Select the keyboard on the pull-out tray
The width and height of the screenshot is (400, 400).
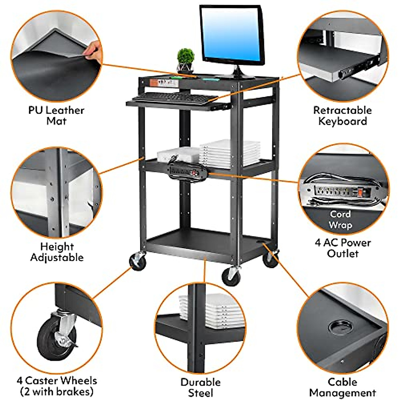[x=174, y=97]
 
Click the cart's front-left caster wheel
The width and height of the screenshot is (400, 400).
[x=138, y=261]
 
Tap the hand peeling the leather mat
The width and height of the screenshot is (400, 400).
[x=92, y=50]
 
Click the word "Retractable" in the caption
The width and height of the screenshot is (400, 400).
[x=342, y=110]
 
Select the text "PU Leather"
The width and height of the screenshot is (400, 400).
[x=56, y=110]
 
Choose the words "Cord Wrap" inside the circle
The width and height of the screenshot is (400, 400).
[x=340, y=220]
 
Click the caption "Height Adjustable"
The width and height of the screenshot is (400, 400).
[x=57, y=252]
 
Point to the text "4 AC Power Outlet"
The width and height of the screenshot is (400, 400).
[x=343, y=248]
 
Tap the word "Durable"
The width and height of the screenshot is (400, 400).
[x=200, y=382]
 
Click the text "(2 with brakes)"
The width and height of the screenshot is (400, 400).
[x=57, y=392]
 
